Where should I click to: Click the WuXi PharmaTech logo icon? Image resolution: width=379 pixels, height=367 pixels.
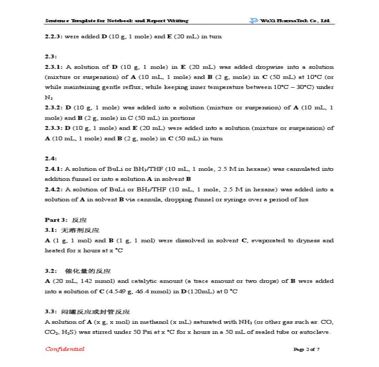254,20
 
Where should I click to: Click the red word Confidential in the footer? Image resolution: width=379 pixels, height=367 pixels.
64,349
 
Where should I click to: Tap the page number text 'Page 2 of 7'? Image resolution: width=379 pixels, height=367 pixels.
306,350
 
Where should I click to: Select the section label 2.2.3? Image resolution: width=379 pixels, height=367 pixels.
54,37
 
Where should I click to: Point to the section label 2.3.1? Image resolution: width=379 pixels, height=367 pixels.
54,67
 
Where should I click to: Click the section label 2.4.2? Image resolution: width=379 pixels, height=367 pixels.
54,189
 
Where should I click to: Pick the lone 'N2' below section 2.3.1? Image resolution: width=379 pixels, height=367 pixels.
48,98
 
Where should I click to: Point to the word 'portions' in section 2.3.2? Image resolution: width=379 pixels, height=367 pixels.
184,118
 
